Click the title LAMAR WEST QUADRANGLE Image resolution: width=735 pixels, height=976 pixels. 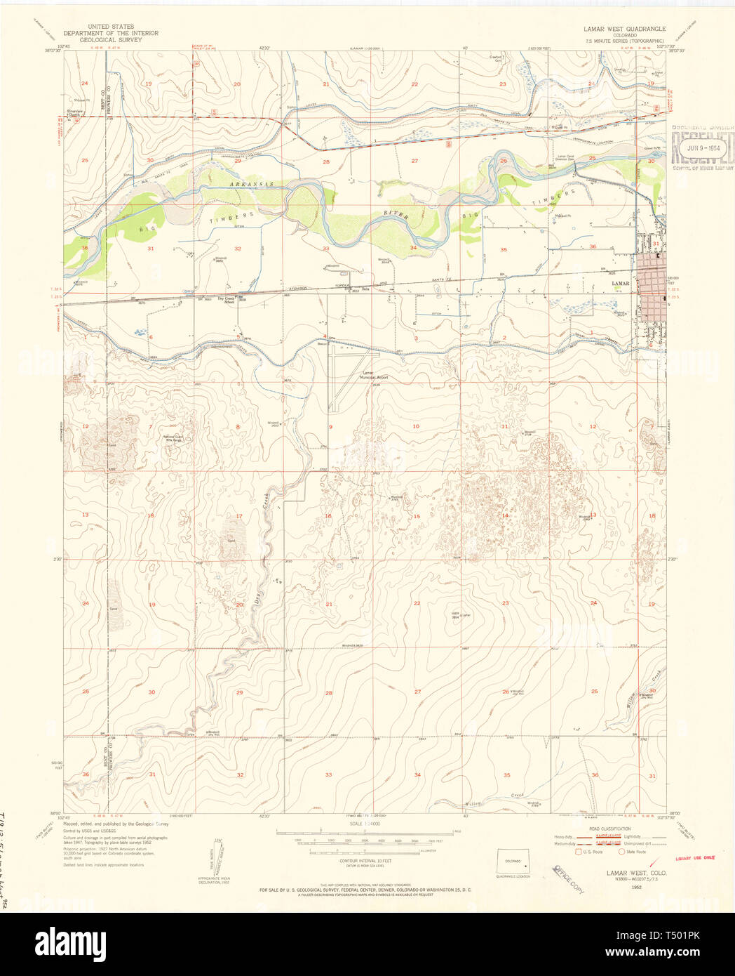pyautogui.click(x=625, y=29)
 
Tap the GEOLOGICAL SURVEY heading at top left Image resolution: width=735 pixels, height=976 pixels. pyautogui.click(x=111, y=40)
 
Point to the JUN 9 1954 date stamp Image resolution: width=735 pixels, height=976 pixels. pyautogui.click(x=703, y=148)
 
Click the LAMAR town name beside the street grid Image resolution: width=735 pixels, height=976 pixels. pyautogui.click(x=620, y=284)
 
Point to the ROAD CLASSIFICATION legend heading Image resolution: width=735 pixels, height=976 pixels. pyautogui.click(x=609, y=829)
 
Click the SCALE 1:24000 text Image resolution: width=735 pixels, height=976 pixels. pyautogui.click(x=365, y=824)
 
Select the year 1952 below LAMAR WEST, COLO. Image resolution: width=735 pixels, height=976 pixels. pyautogui.click(x=636, y=887)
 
